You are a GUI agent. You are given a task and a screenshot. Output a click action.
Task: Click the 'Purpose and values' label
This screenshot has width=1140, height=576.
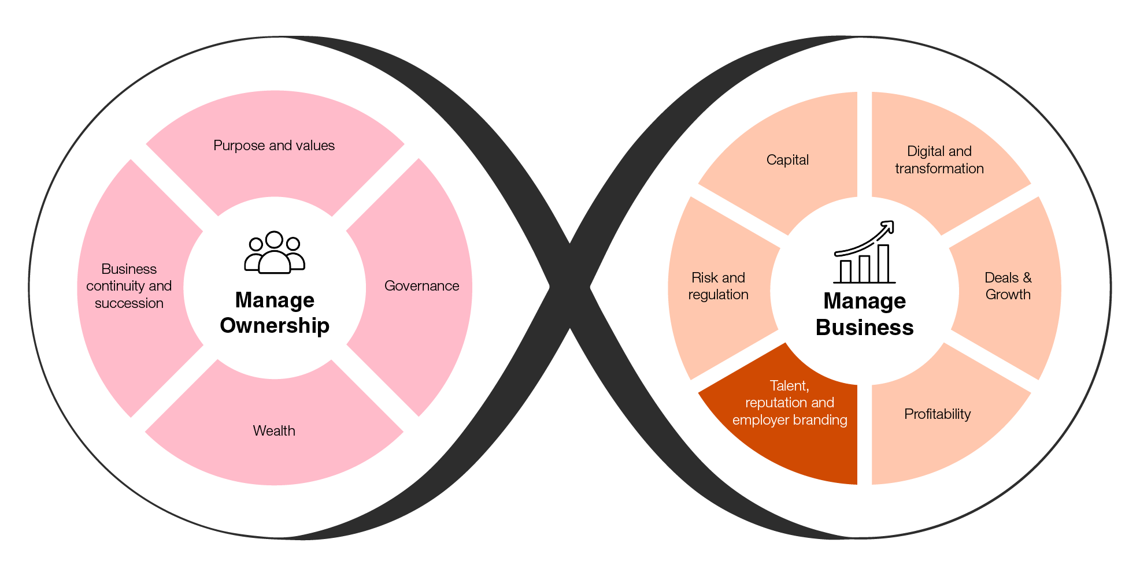coord(274,146)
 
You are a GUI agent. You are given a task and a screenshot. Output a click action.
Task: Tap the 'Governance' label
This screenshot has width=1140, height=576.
coord(421,286)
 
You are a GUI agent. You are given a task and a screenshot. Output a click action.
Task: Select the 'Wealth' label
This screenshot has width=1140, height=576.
coord(274,431)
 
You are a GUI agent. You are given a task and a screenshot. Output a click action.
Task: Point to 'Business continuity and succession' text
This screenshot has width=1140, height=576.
coord(129,286)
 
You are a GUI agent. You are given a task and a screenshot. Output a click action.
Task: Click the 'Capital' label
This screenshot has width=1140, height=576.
coord(787,160)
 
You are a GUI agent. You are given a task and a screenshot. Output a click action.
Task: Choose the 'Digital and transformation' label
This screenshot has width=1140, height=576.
coord(939,160)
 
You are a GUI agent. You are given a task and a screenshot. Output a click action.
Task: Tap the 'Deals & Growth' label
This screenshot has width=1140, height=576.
coord(1008,286)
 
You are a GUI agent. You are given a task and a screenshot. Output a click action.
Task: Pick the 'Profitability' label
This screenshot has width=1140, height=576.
coord(937,414)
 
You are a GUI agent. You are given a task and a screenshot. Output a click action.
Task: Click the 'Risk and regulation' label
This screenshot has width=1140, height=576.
coord(718,286)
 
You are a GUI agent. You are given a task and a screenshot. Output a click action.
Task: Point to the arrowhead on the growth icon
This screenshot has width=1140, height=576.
coord(888,226)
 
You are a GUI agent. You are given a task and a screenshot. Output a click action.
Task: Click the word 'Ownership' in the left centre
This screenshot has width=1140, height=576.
coord(275,326)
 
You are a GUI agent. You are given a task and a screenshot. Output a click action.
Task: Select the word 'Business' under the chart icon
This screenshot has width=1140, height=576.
coord(864,328)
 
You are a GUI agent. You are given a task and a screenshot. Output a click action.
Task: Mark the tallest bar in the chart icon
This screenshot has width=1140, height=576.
coord(883,263)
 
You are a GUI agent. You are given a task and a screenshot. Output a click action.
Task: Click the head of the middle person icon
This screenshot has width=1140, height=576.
coord(275,239)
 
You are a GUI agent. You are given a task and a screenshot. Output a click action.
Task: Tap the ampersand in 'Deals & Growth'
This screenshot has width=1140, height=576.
coord(1027,278)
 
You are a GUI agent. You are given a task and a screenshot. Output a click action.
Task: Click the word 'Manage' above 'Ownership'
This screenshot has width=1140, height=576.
coord(275,300)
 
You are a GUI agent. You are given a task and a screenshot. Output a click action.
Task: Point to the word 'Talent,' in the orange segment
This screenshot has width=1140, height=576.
coord(789,386)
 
